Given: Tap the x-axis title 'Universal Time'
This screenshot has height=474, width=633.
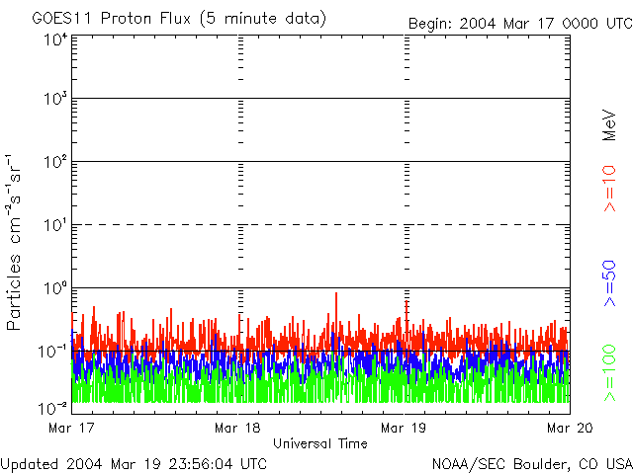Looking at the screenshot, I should click(320, 443).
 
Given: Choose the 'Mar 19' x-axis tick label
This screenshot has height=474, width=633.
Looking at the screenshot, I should click(404, 428).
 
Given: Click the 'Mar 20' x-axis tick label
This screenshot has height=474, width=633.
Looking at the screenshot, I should click(567, 428).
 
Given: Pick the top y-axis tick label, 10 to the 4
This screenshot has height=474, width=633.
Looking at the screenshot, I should click(54, 39).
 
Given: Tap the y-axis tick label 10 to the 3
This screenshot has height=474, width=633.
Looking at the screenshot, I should click(54, 100).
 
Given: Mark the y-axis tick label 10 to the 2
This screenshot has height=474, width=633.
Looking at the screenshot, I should click(54, 162).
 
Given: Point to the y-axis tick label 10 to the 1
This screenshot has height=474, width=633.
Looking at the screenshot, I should click(54, 225).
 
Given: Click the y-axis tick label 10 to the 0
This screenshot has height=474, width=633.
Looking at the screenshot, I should click(54, 288).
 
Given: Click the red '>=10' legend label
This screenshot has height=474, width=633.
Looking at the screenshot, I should click(609, 189).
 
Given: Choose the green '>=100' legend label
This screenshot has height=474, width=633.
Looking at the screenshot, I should click(609, 372).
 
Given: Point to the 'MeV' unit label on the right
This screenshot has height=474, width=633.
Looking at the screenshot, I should click(609, 125).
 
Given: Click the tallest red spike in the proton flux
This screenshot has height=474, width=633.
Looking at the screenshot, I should click(336, 294).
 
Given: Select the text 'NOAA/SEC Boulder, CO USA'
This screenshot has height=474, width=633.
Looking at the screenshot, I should click(531, 463).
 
